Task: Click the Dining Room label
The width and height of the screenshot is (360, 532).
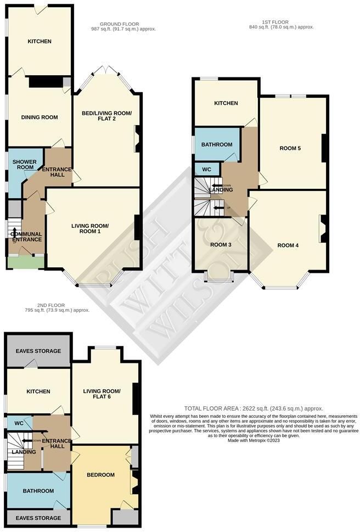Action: tap(39, 117)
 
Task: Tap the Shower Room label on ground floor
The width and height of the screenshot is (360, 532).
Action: tap(24, 164)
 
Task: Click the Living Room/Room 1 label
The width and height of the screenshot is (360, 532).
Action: tap(90, 229)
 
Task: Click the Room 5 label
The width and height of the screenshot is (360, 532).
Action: tap(290, 148)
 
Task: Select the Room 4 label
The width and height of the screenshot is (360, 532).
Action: tap(288, 245)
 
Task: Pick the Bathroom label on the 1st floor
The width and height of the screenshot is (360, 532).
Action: tap(216, 144)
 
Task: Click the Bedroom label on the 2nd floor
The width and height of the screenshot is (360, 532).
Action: tap(100, 475)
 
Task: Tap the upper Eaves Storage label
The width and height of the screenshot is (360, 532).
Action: tap(38, 351)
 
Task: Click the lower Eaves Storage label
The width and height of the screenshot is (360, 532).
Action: tap(38, 518)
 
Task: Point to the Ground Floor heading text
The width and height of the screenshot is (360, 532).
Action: tap(124, 24)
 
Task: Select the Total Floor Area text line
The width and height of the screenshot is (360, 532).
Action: tap(254, 409)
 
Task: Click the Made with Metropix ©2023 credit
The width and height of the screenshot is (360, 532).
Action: tap(254, 441)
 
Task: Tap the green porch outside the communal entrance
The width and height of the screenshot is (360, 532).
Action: tap(26, 263)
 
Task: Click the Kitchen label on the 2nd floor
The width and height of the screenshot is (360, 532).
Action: tap(38, 391)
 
